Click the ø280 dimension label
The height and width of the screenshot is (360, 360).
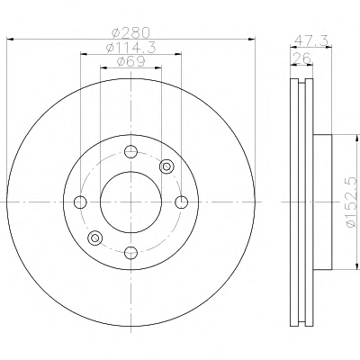[x=130, y=32]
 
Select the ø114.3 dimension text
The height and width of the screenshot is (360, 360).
[x=131, y=48]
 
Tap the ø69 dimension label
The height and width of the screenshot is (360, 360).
[x=130, y=61]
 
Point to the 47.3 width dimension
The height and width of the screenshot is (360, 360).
[x=310, y=40]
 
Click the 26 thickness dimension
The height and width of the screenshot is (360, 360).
[x=301, y=58]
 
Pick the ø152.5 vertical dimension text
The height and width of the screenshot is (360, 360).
[x=352, y=202]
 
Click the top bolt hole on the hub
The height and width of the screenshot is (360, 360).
[x=130, y=151]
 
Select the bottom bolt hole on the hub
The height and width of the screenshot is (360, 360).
[x=130, y=252]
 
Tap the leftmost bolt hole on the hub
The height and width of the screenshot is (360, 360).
[x=80, y=202]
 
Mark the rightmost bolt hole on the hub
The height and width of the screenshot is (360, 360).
[x=181, y=202]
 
